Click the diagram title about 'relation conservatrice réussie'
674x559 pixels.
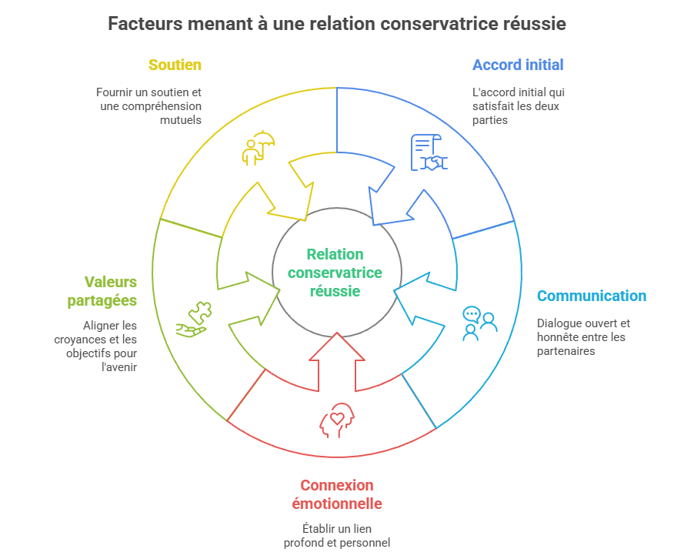[337, 24]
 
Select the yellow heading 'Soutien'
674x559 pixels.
[175, 65]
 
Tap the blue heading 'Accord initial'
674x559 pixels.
[518, 65]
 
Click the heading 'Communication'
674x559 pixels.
[591, 296]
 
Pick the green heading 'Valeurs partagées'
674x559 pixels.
[111, 291]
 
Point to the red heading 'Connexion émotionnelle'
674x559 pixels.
[337, 494]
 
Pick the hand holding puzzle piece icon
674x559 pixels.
[194, 319]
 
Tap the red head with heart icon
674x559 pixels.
[337, 420]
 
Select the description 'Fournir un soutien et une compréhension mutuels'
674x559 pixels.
[150, 106]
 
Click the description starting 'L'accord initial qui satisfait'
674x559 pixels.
[518, 106]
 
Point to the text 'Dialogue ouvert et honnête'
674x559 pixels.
[582, 337]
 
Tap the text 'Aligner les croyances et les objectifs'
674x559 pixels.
[110, 346]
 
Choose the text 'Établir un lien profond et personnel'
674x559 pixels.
[337, 536]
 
